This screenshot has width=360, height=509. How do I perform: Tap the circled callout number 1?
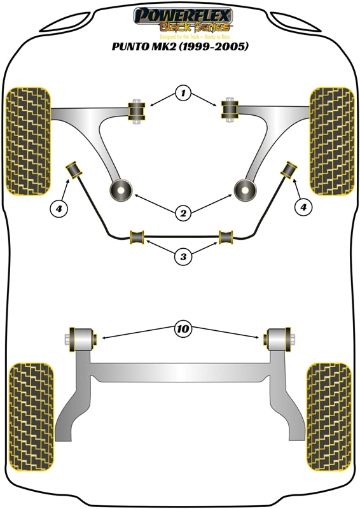tap(183, 94)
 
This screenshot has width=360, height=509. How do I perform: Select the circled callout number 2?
tap(183, 214)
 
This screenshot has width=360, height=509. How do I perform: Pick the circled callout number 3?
tap(183, 257)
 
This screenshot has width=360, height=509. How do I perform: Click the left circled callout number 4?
tap(59, 207)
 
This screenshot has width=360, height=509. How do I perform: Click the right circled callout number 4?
tap(303, 207)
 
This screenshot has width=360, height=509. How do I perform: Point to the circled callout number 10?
tap(183, 329)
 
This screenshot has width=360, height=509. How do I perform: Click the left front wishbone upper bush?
tap(136, 112)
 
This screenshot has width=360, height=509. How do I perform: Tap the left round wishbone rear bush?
tap(120, 189)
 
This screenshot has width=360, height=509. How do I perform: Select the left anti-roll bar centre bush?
tap(137, 237)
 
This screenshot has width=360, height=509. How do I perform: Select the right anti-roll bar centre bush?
tap(226, 237)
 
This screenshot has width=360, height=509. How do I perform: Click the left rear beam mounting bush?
tap(83, 337)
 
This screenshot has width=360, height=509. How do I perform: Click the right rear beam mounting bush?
tap(278, 337)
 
